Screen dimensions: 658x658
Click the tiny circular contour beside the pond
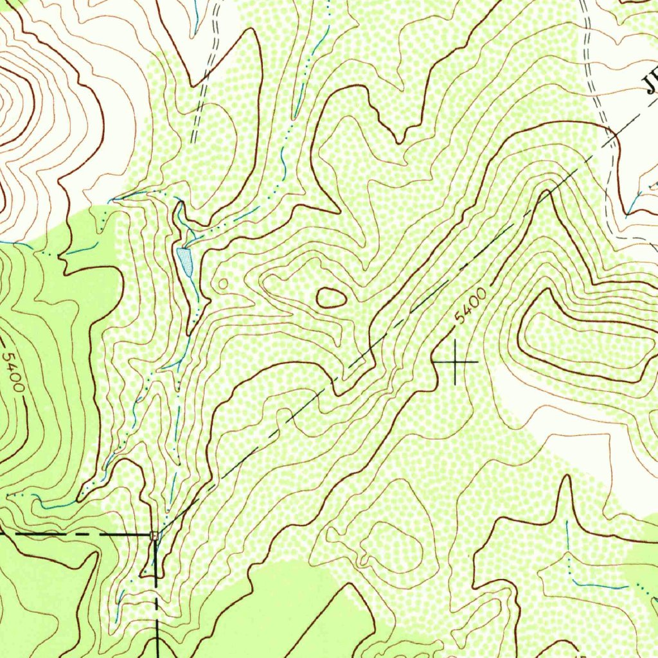click(223, 283)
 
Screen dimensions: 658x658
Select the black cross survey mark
click(456, 362)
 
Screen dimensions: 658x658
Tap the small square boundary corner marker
click(154, 535)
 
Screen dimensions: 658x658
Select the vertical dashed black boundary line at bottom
click(156, 604)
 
